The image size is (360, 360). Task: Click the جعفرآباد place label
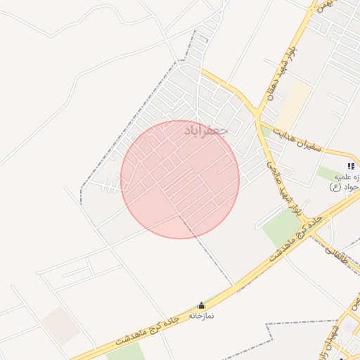click(206, 131)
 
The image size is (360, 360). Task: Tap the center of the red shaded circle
click(180, 179)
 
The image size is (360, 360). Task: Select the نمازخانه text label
click(201, 316)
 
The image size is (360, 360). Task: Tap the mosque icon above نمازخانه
click(202, 305)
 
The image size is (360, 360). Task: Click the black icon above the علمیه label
click(351, 167)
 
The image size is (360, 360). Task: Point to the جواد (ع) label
click(345, 187)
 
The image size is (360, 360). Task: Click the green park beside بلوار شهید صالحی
click(281, 229)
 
